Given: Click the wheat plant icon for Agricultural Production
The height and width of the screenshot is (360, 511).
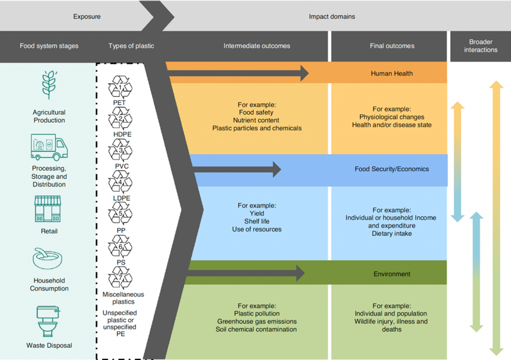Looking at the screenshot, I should [x=49, y=85].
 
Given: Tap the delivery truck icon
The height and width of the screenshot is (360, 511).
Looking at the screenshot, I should [x=49, y=147].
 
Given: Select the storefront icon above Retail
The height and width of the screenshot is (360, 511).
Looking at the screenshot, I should [x=48, y=209].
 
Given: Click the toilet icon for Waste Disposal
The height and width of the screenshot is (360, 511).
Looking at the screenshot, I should [x=48, y=321].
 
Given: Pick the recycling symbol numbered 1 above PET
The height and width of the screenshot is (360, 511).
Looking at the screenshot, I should [x=120, y=87].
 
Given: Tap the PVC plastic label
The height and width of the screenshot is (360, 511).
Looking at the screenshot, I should [x=122, y=166].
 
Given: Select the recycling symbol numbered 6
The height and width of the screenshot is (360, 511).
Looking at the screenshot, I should [x=120, y=246].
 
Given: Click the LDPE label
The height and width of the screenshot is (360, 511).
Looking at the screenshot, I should [x=121, y=198].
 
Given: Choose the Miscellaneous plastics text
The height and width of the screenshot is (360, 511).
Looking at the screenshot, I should [x=123, y=298].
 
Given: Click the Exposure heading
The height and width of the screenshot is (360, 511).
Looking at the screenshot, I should [x=87, y=17].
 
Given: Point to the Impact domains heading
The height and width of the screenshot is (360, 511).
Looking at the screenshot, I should [x=332, y=17].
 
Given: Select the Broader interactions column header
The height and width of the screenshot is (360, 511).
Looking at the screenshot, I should [x=481, y=46].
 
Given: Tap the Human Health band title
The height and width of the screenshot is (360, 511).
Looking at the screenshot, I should [x=392, y=73].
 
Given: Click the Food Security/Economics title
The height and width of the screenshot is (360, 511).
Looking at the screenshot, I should [x=392, y=169].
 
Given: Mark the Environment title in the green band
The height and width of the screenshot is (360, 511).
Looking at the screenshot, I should [x=392, y=274].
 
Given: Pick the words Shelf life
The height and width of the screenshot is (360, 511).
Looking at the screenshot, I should [x=257, y=221].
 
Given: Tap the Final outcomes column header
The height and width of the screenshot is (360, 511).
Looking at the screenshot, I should [x=392, y=46].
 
